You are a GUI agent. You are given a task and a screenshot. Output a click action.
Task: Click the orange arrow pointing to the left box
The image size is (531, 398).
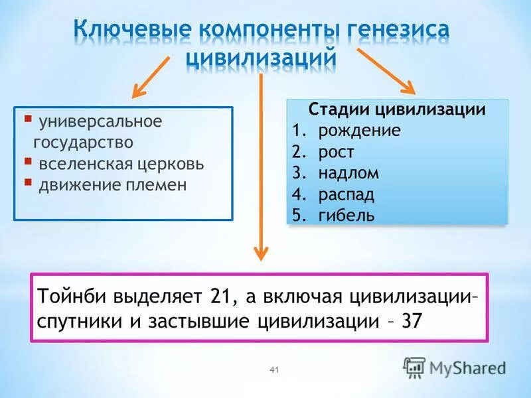(152, 76)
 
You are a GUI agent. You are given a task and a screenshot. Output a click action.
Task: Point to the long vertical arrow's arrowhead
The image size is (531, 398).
(261, 252)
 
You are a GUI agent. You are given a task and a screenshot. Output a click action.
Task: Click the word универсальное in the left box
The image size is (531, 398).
(100, 122)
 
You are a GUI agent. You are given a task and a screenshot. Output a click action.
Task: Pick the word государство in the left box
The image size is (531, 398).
(83, 142)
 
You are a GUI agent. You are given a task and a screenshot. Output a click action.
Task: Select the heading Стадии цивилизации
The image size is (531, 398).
(397, 109)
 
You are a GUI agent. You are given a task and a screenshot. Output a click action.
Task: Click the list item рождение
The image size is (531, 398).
(358, 130)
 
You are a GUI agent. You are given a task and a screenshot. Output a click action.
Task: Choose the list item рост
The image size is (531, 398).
(336, 152)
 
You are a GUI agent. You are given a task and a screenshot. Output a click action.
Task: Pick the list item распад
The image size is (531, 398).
(346, 194)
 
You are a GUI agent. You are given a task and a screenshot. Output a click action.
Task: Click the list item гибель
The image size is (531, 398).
(346, 216)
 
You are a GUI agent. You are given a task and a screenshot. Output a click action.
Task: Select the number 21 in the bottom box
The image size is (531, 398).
(220, 295)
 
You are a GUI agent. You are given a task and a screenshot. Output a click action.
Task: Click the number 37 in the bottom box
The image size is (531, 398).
(412, 321)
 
